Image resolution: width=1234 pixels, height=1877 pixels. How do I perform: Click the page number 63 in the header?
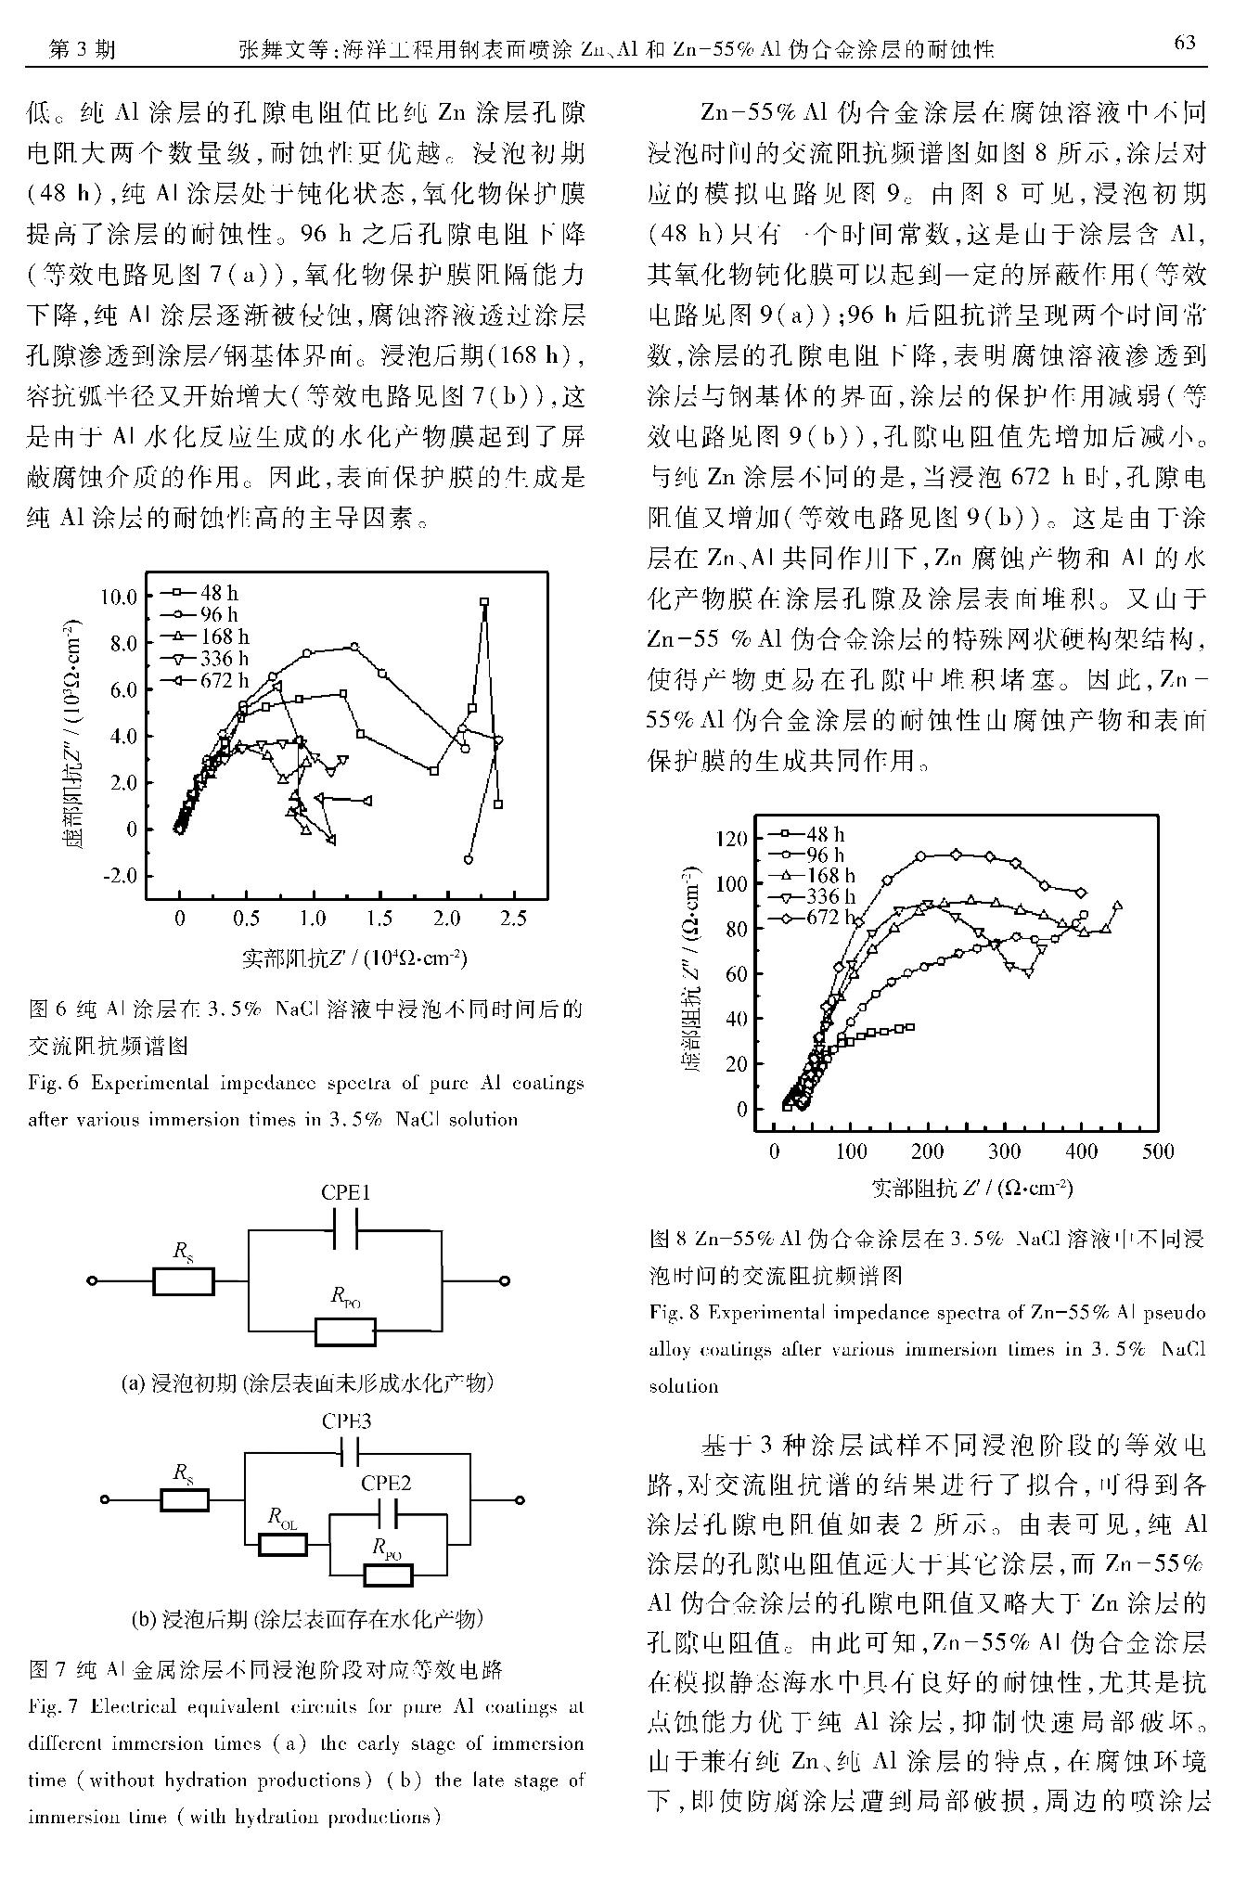1185,43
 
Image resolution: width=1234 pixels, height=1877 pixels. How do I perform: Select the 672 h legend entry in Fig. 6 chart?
206,680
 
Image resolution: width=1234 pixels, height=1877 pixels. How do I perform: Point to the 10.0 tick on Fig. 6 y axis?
119,597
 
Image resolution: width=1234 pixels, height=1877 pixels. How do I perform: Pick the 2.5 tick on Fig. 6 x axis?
513,919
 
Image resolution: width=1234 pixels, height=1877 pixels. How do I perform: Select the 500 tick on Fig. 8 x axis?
1157,1151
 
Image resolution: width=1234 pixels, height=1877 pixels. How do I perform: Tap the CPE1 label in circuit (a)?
345,1193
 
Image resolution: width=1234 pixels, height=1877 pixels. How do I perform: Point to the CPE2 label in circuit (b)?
385,1483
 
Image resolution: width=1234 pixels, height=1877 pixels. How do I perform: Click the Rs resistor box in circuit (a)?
184,1281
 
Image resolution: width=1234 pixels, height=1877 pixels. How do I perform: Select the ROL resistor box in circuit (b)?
283,1544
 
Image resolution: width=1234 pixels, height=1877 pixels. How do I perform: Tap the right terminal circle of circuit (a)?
504,1281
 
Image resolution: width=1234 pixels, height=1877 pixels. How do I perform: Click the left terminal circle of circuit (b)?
105,1499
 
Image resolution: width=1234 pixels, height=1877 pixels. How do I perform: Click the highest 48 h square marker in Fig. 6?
484,602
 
